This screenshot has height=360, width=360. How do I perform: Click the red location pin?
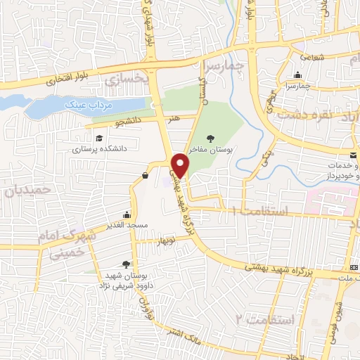[x=181, y=165]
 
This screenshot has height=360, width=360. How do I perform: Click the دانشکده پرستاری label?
[x=100, y=149]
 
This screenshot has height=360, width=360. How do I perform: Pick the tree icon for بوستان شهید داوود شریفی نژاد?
[x=126, y=264]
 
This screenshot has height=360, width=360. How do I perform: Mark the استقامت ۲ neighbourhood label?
[x=262, y=318]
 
